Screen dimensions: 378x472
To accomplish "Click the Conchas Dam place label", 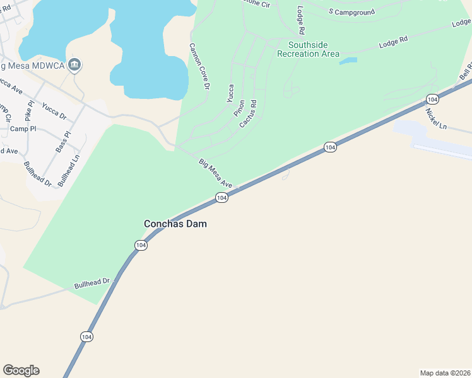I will (x=175, y=224).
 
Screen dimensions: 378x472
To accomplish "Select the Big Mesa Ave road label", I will (x=216, y=173).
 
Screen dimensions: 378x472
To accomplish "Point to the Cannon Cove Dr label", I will (x=198, y=66).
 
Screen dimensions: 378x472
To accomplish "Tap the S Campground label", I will (x=351, y=12).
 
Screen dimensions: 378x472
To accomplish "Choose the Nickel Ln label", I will (x=435, y=119).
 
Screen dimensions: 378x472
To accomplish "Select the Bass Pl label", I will (x=63, y=142).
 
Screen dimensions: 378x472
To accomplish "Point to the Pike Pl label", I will (x=29, y=110).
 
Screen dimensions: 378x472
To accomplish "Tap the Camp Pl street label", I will (x=23, y=129).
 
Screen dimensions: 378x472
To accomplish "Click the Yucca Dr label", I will (x=54, y=112).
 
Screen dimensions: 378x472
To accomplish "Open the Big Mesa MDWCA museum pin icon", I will (x=75, y=64).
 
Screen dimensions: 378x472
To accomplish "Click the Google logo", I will (x=21, y=370).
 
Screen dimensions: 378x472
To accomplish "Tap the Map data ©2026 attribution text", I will (x=445, y=372).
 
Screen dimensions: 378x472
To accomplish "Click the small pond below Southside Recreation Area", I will (x=348, y=61).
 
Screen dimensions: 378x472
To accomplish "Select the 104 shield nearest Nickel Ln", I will (x=432, y=100).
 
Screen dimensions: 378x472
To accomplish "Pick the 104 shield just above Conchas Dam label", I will (x=221, y=198).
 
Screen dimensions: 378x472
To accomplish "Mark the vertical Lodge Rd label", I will (x=301, y=21).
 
